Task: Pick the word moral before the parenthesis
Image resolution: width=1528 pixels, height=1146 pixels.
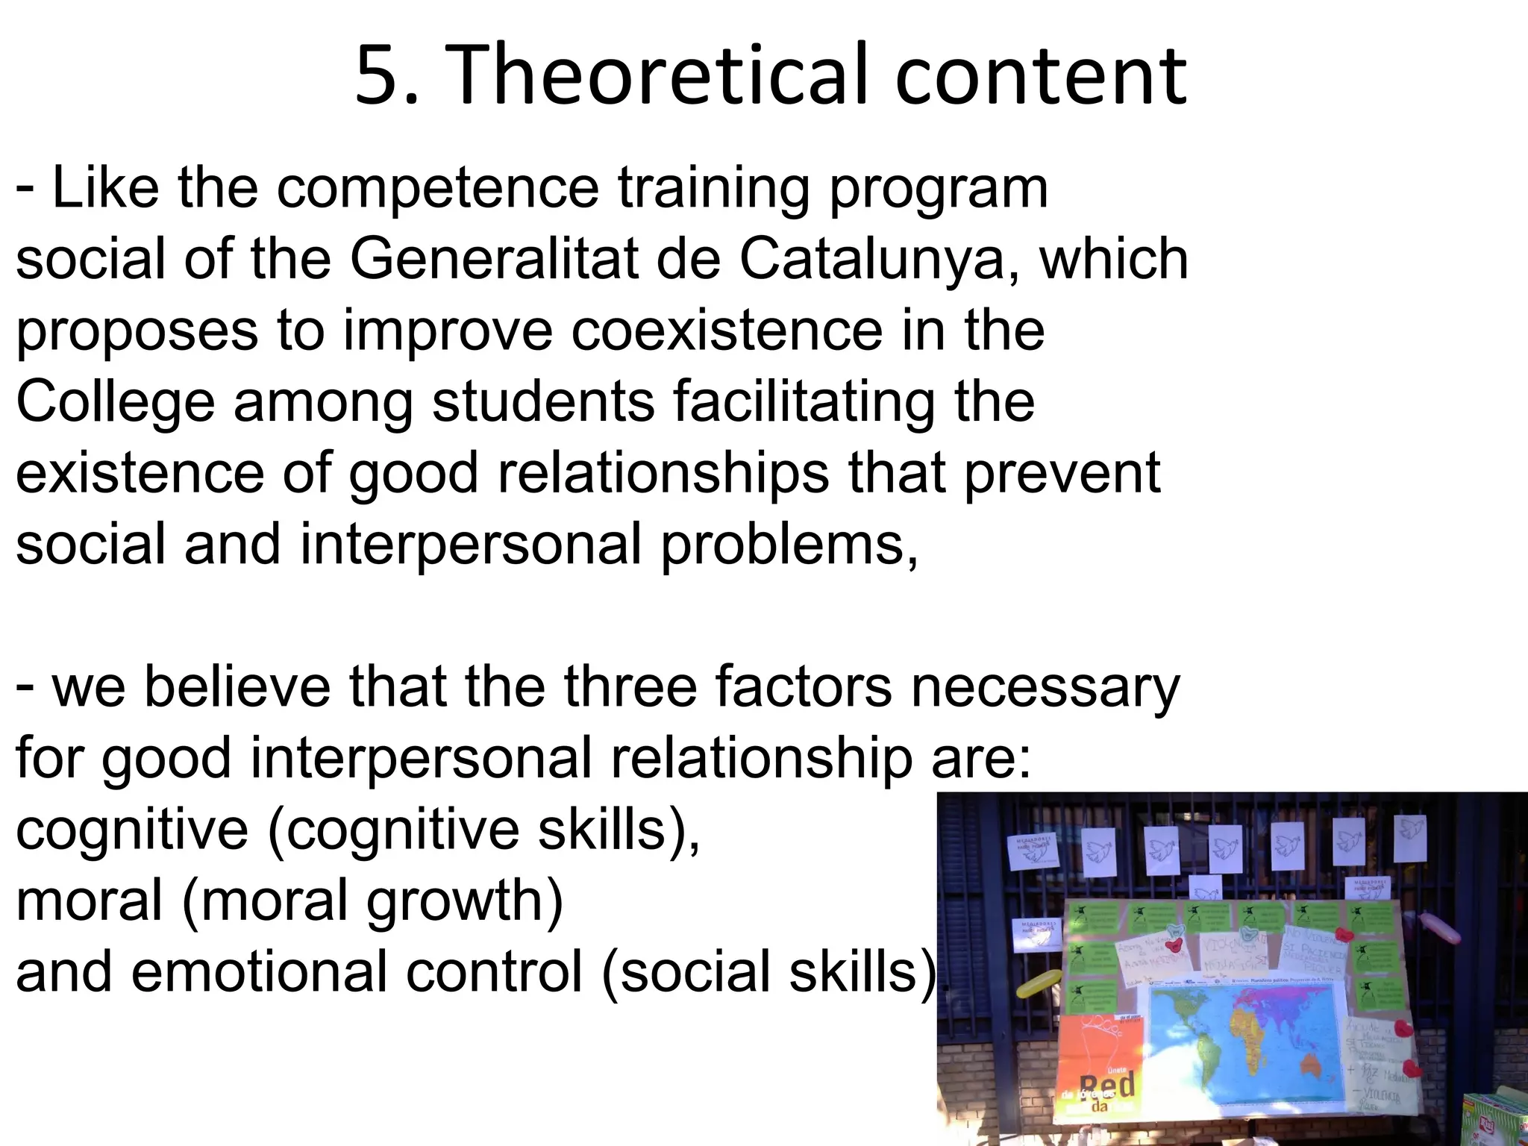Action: coord(90,900)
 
